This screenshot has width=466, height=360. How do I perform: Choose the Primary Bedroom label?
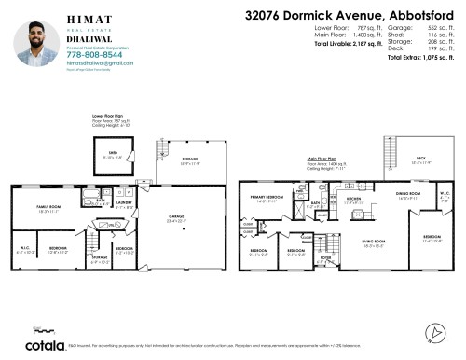tap(267, 198)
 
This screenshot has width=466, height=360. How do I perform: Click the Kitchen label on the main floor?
tap(354, 199)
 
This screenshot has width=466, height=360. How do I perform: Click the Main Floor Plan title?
tap(321, 159)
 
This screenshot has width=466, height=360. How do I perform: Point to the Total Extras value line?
tap(418, 58)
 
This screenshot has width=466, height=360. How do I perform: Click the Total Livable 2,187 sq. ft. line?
tap(349, 45)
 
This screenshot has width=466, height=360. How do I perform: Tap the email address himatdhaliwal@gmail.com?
tap(91, 63)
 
